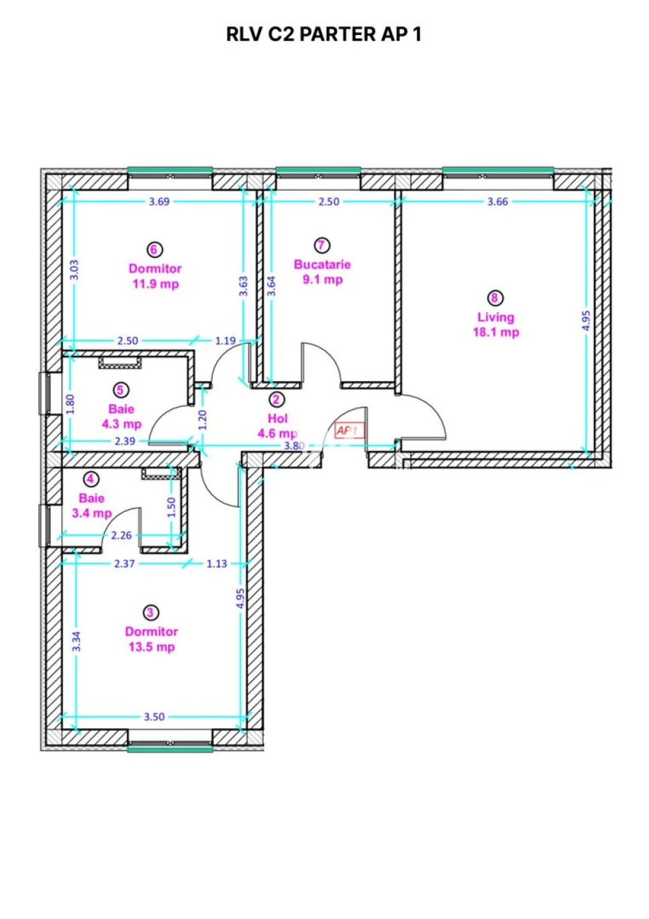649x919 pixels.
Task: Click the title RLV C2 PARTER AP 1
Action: coord(323,34)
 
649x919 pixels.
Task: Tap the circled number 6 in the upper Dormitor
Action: coord(154,250)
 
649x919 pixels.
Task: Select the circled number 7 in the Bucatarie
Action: coord(321,245)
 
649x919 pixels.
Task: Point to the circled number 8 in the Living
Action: coord(495,298)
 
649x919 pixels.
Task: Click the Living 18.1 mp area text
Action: coord(496,324)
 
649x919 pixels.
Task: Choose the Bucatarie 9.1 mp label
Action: coord(322,272)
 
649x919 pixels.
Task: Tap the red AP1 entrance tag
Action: coord(349,430)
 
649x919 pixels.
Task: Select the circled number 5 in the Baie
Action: coord(120,390)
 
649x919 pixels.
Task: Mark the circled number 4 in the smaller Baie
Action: coord(91,479)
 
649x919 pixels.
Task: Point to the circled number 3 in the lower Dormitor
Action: coord(150,612)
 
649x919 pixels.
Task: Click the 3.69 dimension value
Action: coord(159,202)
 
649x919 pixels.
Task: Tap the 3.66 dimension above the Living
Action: coord(497,202)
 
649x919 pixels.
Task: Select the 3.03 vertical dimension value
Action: coord(74,270)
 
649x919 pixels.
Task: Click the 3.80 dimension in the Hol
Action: coord(294,446)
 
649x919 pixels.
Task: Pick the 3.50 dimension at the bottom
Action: coord(154,717)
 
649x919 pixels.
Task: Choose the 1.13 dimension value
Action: coord(217,564)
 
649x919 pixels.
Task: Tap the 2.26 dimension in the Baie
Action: coord(121,535)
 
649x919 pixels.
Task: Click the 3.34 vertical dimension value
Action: coord(77,641)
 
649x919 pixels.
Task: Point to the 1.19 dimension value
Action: coord(226,340)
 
